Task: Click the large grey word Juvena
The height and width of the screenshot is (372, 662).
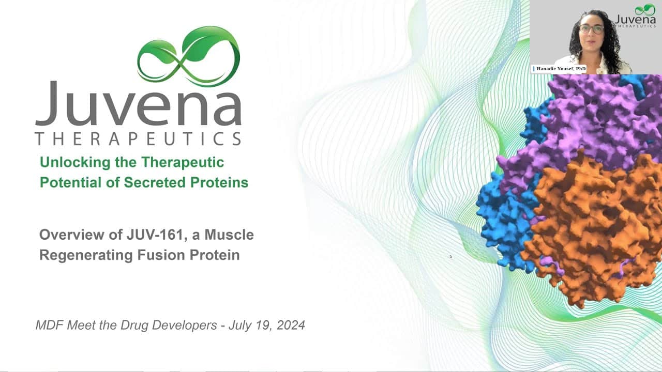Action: click(x=138, y=103)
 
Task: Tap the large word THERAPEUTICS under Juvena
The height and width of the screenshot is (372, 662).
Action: click(x=138, y=139)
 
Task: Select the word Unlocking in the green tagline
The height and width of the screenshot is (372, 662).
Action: click(x=75, y=163)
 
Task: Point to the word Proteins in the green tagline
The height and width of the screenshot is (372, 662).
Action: click(x=219, y=182)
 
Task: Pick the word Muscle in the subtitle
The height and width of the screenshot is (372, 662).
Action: click(x=229, y=235)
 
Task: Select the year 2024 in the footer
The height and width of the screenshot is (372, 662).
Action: click(x=291, y=326)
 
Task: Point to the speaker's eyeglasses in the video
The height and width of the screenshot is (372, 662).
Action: click(x=591, y=29)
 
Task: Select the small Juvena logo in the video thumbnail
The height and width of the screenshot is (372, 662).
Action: click(x=636, y=17)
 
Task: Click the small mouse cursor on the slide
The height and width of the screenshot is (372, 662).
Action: click(x=450, y=257)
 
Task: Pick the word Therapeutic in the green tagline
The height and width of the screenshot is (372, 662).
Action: click(x=183, y=163)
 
